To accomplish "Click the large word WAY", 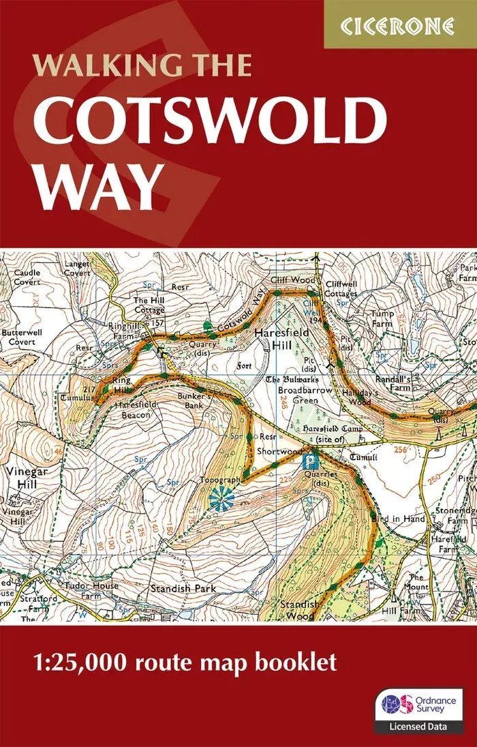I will [x=99, y=188].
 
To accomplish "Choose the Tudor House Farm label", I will [x=91, y=591].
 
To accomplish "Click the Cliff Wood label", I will [x=293, y=280].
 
